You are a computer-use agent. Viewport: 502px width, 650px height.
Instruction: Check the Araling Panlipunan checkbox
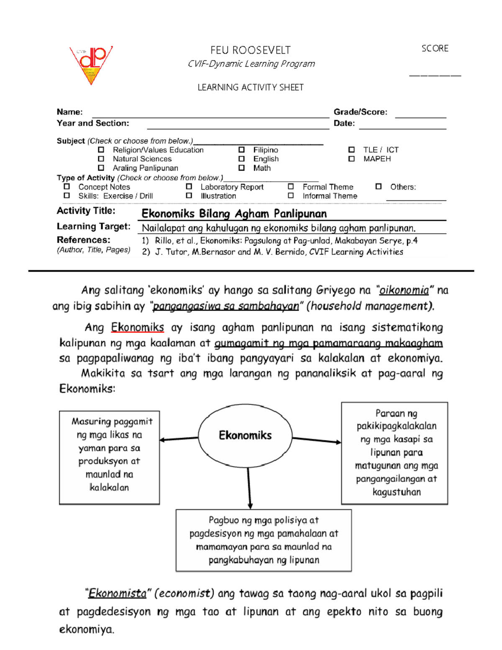click(x=101, y=168)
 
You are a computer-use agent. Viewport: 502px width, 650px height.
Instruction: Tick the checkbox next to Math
click(x=241, y=168)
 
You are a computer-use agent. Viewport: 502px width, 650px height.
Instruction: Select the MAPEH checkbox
click(x=351, y=159)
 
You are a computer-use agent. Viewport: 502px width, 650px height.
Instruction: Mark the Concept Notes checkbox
click(x=67, y=187)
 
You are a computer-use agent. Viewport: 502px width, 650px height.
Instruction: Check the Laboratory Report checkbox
click(x=189, y=187)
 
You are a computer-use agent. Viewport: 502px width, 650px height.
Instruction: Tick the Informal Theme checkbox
click(x=291, y=195)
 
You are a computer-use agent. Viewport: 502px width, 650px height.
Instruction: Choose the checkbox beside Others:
click(x=379, y=187)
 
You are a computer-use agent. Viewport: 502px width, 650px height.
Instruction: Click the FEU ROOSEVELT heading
click(x=250, y=50)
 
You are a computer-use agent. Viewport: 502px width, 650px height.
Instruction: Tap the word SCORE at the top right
click(x=435, y=49)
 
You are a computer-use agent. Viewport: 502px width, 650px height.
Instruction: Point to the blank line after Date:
click(x=402, y=126)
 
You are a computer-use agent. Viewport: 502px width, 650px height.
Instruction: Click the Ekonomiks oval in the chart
click(x=245, y=435)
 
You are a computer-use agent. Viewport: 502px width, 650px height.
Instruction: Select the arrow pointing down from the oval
click(x=249, y=488)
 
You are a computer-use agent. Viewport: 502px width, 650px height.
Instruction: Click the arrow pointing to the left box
click(x=179, y=439)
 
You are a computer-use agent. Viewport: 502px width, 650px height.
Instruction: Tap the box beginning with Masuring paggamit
click(x=109, y=457)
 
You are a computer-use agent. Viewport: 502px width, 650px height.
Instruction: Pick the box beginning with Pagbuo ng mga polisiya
click(x=264, y=540)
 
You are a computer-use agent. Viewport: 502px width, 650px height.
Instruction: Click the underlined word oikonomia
click(x=404, y=290)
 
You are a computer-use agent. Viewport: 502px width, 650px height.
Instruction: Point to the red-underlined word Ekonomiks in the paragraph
click(x=137, y=327)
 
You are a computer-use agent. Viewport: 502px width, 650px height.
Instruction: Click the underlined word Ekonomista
click(x=117, y=593)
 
